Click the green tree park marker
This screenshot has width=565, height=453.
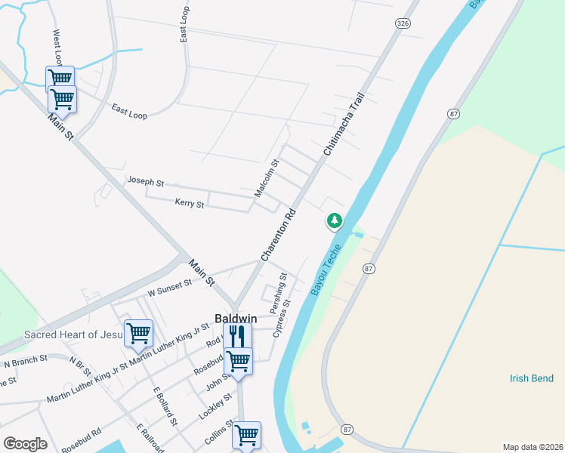pos(334,220)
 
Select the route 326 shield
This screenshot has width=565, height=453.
pos(402,24)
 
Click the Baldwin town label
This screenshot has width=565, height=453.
pos(236,319)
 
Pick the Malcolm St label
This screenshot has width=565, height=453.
pos(267,178)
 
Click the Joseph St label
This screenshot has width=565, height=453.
pos(146,182)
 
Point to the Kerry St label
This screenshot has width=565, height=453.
pos(189,203)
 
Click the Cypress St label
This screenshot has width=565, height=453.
pos(282,319)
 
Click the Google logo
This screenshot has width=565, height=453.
pos(25,444)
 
